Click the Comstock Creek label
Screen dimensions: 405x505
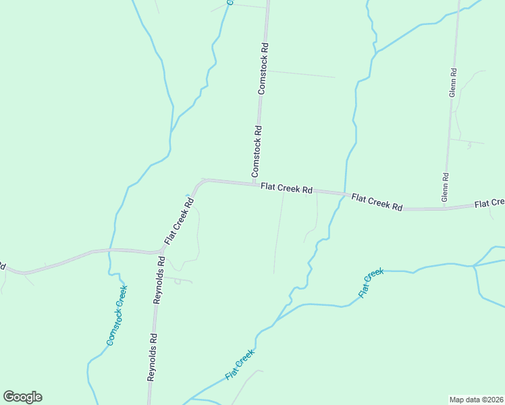[117, 315]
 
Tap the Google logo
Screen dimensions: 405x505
[22, 397]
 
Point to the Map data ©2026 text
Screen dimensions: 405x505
[476, 399]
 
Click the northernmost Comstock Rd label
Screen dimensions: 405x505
[264, 67]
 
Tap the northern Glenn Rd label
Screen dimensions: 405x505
[453, 82]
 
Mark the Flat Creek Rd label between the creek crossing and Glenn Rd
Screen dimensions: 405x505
[377, 202]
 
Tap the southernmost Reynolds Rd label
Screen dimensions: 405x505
[153, 358]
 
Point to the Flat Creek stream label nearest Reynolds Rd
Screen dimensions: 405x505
[240, 364]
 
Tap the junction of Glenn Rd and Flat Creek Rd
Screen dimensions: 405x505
[444, 209]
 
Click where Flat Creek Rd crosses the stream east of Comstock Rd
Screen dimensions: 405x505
[345, 196]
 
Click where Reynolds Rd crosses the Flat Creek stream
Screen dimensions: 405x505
[149, 403]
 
